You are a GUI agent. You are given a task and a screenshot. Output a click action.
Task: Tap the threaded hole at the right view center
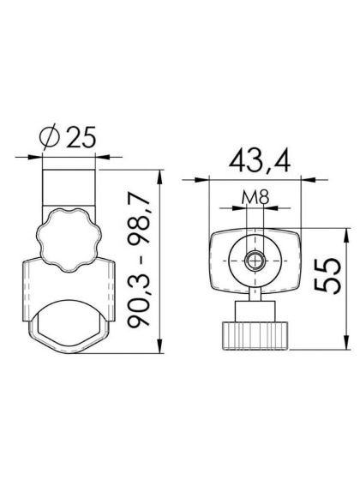coord(255,261)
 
